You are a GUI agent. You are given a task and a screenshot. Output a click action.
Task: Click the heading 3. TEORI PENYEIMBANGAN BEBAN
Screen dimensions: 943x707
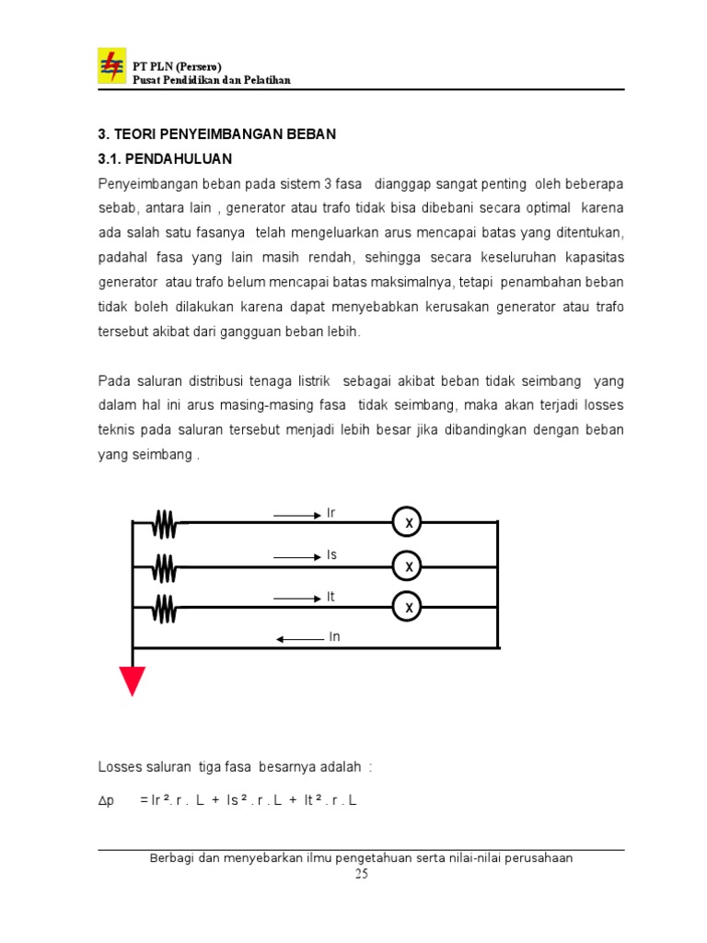(217, 134)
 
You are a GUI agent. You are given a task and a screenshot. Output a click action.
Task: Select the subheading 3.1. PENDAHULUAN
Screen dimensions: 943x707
(166, 158)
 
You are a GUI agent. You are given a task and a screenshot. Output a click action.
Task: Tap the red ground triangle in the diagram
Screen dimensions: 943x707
(133, 681)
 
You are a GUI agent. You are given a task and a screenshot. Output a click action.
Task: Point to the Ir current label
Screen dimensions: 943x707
(331, 513)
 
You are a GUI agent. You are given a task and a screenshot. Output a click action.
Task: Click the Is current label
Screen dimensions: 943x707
(331, 555)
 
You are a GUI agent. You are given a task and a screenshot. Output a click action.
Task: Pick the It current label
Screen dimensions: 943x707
(330, 597)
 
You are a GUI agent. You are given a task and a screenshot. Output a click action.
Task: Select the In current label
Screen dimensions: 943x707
(334, 636)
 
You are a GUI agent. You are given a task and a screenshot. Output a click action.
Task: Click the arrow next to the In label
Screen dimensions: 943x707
(297, 638)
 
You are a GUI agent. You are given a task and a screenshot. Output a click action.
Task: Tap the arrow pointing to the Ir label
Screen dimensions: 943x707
(296, 516)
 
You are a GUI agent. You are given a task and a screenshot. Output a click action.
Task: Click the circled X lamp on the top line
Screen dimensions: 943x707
(407, 523)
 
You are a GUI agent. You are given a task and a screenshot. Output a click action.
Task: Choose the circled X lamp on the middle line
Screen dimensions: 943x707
(407, 565)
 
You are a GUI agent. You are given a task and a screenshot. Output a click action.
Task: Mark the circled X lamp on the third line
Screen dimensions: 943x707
(407, 607)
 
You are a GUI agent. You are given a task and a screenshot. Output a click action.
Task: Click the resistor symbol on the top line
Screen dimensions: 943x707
(165, 524)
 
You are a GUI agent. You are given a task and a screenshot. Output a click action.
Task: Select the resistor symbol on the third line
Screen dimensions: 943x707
(165, 608)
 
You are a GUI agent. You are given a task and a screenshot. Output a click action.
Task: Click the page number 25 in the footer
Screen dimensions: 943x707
(361, 875)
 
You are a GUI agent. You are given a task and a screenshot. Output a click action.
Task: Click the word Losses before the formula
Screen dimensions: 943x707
(119, 767)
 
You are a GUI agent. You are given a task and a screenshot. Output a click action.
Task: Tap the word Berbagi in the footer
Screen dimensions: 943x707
(173, 858)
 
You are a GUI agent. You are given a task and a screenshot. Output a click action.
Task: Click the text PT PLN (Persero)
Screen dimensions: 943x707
(178, 67)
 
